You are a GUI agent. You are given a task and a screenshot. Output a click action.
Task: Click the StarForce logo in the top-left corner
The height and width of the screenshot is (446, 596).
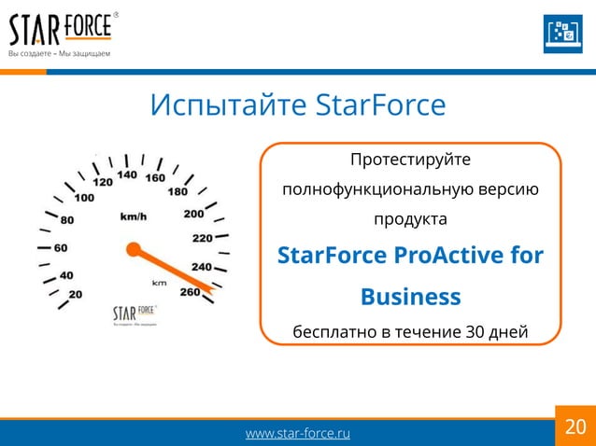(x=62, y=33)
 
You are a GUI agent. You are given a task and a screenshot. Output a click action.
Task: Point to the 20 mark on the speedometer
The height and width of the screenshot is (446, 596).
(x=74, y=294)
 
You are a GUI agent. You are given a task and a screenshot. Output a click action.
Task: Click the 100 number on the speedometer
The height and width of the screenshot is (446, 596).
(x=84, y=198)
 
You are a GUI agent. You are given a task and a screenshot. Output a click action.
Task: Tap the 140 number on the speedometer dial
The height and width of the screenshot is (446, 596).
(x=128, y=174)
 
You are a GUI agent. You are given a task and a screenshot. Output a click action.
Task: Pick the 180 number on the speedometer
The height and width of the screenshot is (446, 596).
(x=177, y=192)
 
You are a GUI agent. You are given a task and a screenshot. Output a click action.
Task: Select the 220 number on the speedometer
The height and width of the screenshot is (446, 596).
(x=202, y=238)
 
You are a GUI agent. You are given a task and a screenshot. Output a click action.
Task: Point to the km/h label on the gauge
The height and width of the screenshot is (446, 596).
(x=133, y=216)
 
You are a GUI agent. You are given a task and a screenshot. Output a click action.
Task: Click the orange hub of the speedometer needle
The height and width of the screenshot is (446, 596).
(x=133, y=249)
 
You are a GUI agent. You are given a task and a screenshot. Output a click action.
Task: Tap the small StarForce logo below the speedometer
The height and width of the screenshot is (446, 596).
(x=135, y=313)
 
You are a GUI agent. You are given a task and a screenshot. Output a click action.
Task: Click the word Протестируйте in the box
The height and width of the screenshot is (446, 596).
(x=410, y=160)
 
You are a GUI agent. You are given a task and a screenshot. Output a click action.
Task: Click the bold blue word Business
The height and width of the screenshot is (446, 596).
(x=410, y=297)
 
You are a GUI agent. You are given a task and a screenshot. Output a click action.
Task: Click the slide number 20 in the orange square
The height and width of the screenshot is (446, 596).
(x=575, y=427)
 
